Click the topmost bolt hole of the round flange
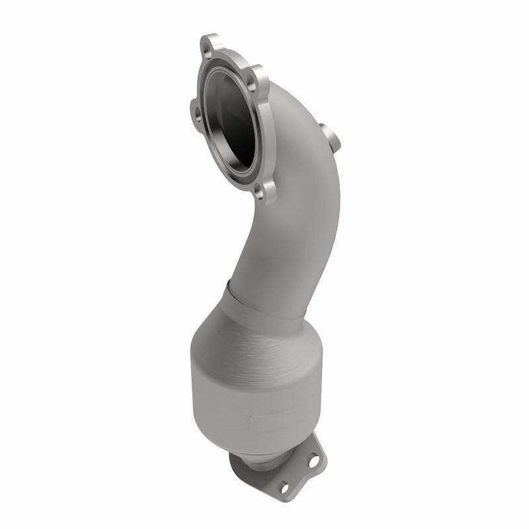point(211,48)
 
